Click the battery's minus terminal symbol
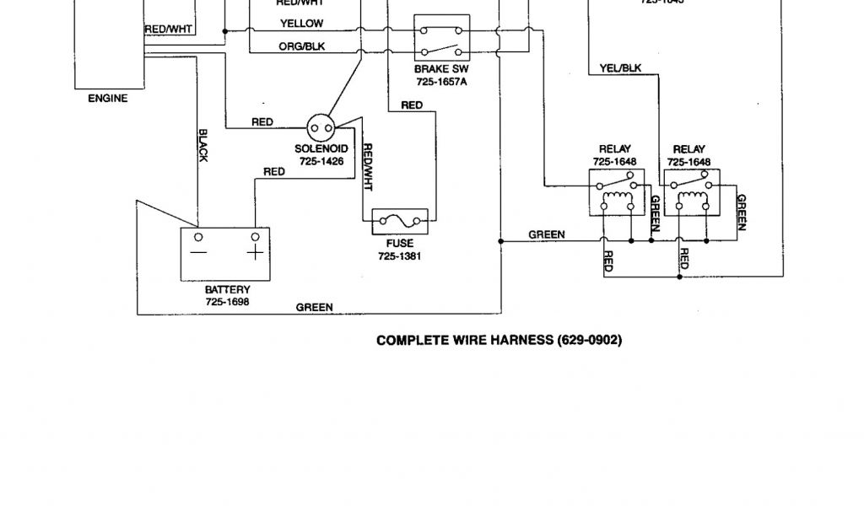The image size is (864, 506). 199,251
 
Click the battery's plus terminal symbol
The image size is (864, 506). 254,251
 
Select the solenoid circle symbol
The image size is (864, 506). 320,128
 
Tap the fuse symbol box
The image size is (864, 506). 400,222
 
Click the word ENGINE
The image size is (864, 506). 108,99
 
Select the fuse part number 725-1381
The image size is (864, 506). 399,256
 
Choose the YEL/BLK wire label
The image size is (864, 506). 620,67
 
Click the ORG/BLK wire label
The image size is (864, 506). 302,46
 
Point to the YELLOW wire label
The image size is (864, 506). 302,24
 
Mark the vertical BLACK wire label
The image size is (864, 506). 202,145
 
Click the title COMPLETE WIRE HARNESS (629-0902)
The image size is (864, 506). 499,341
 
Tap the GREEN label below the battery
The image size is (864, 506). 314,308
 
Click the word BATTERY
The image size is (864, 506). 227,289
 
